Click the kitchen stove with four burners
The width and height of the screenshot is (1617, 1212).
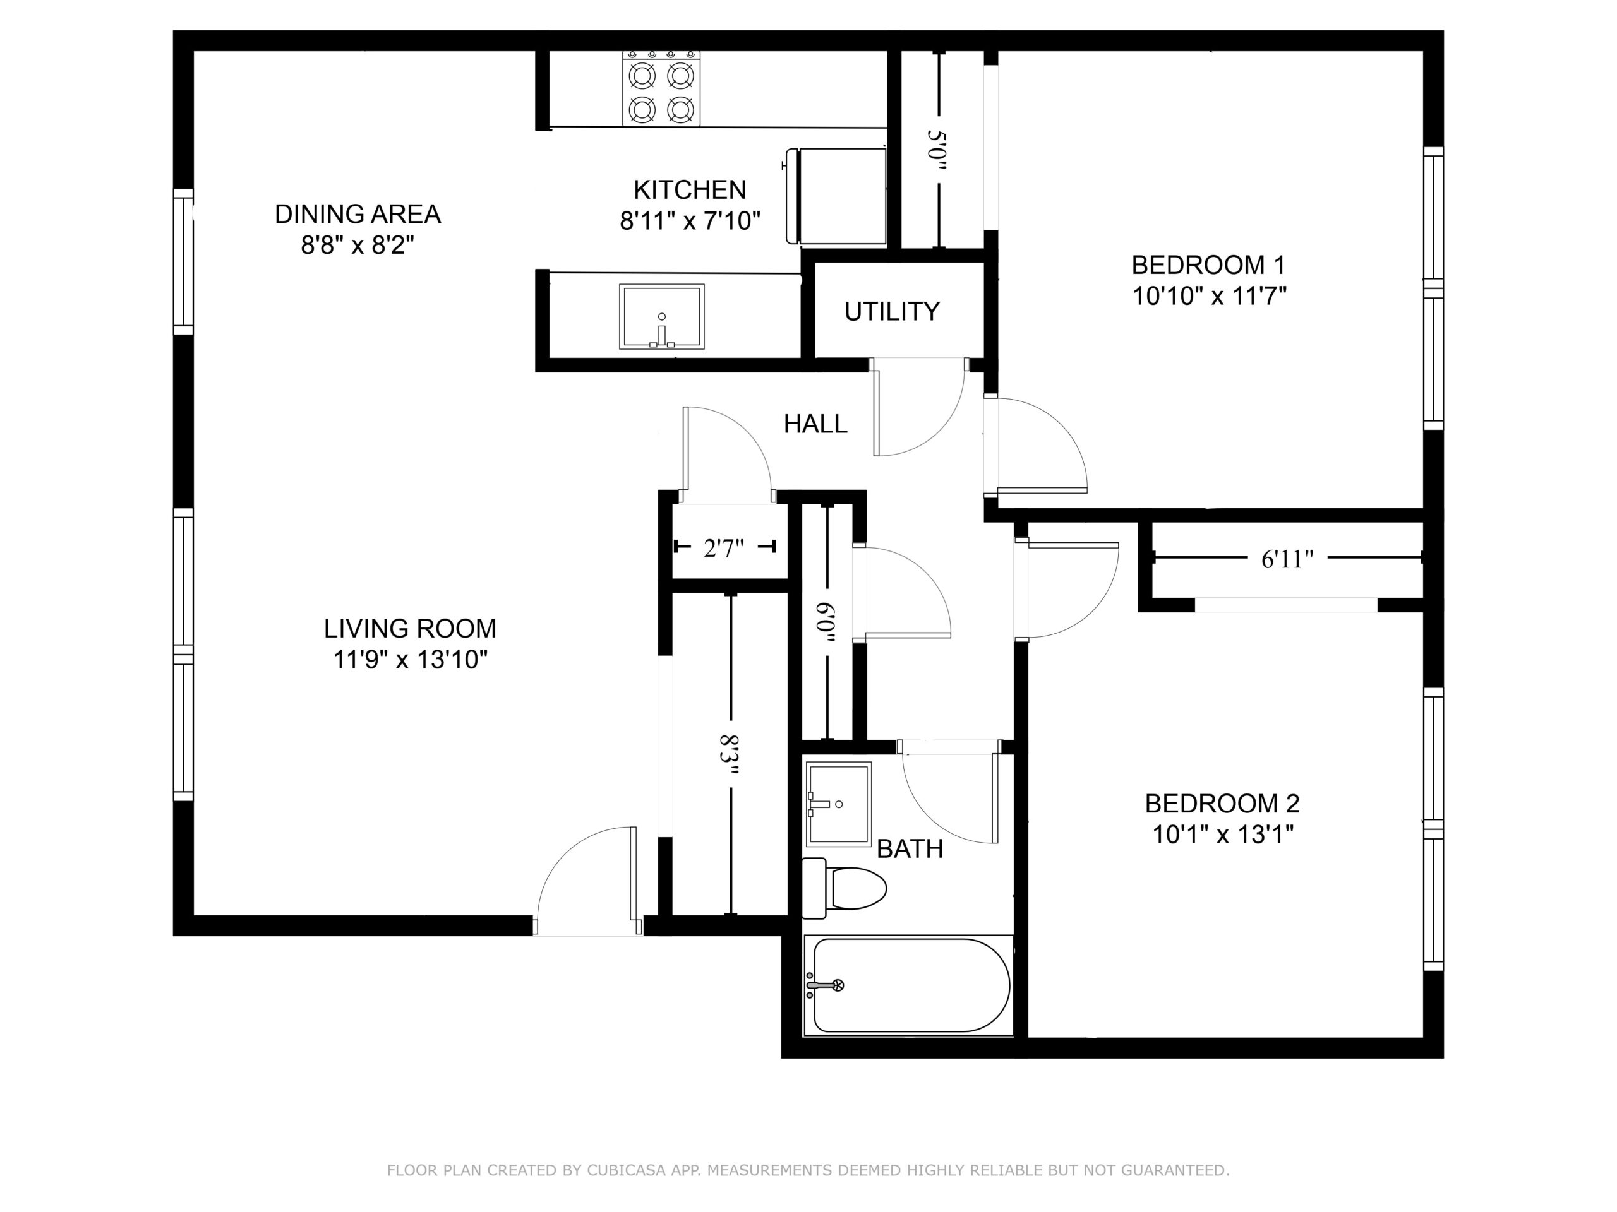[x=661, y=88]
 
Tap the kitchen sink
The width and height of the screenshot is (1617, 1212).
[x=661, y=316]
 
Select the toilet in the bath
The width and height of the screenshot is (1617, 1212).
[x=844, y=888]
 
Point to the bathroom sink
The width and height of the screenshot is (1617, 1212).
[x=838, y=804]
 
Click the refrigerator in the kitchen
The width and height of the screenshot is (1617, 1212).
[x=836, y=196]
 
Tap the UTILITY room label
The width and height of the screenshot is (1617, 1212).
[x=892, y=312]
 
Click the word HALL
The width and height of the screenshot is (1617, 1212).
[x=816, y=424]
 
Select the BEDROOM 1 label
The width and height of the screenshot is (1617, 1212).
[x=1208, y=264]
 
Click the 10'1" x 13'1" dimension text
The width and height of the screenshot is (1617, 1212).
[x=1223, y=835]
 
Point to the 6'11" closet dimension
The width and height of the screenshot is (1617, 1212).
[x=1287, y=559]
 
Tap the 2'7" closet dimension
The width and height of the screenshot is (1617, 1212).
[x=724, y=547]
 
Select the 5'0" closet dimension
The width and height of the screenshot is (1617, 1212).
[x=937, y=150]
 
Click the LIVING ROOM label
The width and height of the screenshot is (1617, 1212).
[x=410, y=628]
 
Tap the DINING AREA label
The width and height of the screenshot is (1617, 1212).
[x=358, y=214]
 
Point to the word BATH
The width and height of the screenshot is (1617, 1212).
[x=910, y=849]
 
